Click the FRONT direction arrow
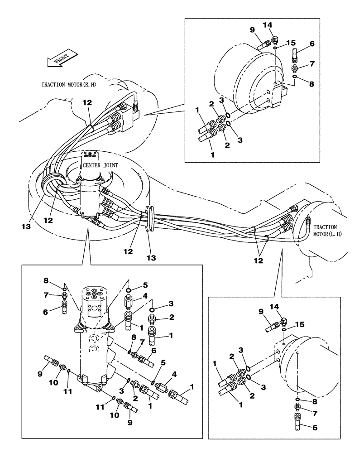point(59,59)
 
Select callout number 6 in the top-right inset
point(311,43)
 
